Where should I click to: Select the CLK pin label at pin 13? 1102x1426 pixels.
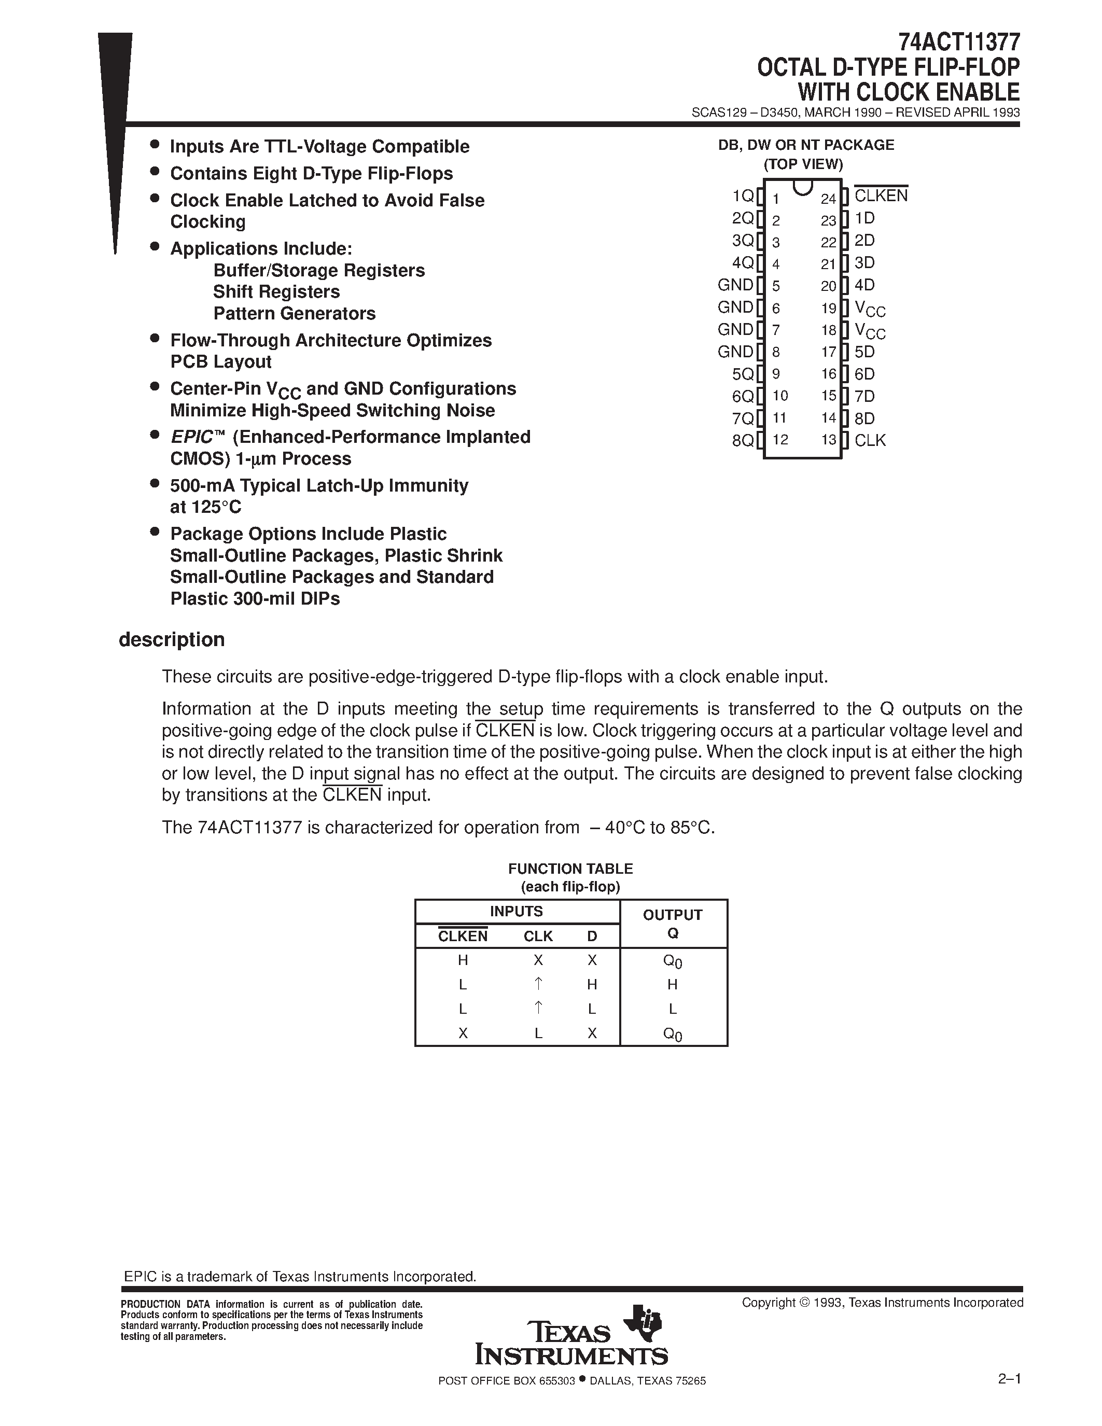coord(870,440)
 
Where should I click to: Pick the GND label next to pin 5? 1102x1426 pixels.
coord(735,285)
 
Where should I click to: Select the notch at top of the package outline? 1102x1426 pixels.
coord(802,187)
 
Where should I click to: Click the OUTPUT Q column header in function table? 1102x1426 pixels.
coord(673,923)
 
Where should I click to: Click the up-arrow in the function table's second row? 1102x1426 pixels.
coord(538,983)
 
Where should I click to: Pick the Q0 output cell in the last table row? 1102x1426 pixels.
coord(673,1033)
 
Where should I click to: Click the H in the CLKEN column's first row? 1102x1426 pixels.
coord(463,960)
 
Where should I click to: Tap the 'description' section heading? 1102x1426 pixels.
coord(172,639)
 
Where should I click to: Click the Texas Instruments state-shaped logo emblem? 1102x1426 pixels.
coord(643,1323)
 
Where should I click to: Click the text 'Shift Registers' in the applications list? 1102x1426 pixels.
coord(276,292)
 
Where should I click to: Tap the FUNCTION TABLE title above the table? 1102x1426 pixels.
coord(570,869)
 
